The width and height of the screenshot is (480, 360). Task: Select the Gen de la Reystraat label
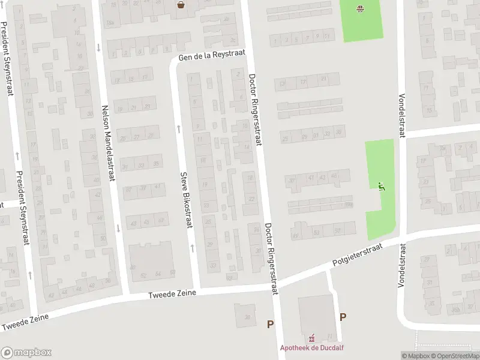tap(212, 56)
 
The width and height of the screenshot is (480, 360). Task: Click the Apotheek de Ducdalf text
tap(313, 347)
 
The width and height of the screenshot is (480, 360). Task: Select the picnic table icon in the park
tap(360, 8)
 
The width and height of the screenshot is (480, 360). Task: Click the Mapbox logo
tap(26, 353)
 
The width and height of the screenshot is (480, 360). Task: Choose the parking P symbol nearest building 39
tap(271, 324)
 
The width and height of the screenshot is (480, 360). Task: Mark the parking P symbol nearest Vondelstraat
tap(343, 317)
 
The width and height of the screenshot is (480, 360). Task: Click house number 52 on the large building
tap(143, 275)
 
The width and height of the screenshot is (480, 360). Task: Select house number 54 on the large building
tap(158, 274)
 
